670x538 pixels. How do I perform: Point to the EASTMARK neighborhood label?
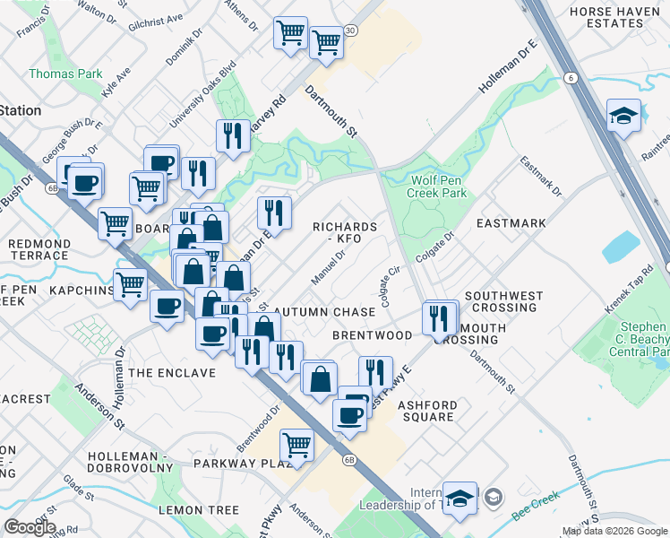tap(511, 222)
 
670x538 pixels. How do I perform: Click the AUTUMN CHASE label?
tap(323, 312)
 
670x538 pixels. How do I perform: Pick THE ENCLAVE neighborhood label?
tap(172, 372)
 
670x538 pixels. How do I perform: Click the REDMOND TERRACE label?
tap(39, 249)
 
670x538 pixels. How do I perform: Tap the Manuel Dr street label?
tap(328, 265)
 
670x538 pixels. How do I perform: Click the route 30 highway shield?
tap(350, 30)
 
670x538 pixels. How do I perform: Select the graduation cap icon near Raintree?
tap(623, 117)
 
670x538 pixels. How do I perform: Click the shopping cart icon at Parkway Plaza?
tap(296, 444)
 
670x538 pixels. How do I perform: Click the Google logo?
tap(30, 527)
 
